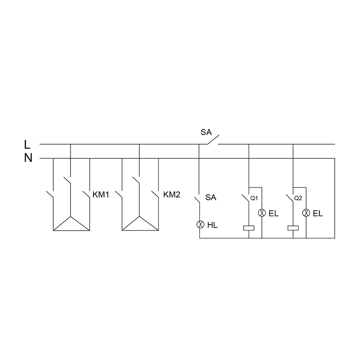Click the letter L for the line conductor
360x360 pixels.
(27, 144)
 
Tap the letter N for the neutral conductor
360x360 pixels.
(28, 158)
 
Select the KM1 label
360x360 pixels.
(101, 195)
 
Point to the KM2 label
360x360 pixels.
(172, 195)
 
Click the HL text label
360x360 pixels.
(212, 225)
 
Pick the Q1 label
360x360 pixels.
(254, 198)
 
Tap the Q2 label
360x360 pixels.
(298, 198)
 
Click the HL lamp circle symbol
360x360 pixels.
(200, 225)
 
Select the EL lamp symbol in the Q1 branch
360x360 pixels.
(262, 213)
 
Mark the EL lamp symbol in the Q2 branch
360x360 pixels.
(306, 213)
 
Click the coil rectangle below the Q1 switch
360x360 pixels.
(249, 228)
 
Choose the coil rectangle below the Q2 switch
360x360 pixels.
(293, 228)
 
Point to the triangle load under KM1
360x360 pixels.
(71, 225)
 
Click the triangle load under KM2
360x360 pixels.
(140, 225)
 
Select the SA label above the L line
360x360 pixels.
(206, 132)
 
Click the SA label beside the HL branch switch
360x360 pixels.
(211, 197)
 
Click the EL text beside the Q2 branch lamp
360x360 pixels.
(318, 214)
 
